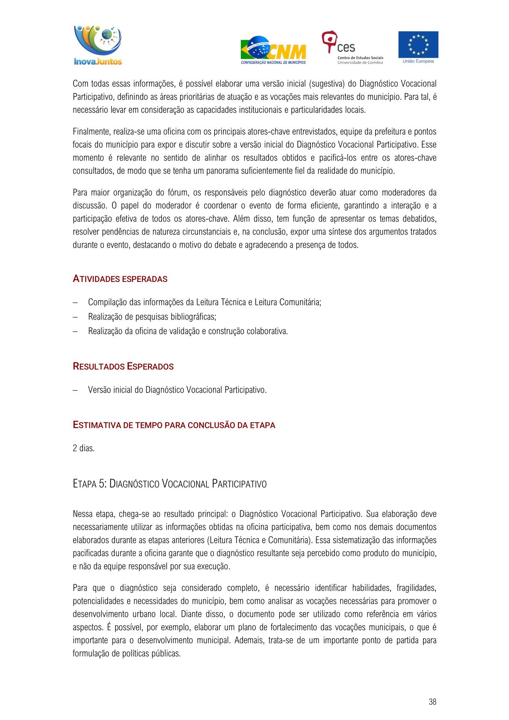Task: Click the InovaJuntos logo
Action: click(98, 45)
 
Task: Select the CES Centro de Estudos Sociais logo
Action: click(352, 47)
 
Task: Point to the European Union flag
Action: click(418, 44)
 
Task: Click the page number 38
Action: click(432, 702)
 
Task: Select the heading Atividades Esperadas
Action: click(120, 279)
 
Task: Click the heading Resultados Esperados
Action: click(123, 367)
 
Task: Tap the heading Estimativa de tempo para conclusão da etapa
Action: click(174, 425)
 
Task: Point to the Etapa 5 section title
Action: click(170, 484)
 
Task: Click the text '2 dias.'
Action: click(84, 448)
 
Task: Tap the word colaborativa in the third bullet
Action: click(267, 332)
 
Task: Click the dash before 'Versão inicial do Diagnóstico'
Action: click(75, 390)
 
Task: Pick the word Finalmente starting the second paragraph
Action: click(91, 132)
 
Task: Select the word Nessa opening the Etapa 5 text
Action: click(83, 514)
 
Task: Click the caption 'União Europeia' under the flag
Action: click(418, 61)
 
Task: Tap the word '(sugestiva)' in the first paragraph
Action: click(327, 84)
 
